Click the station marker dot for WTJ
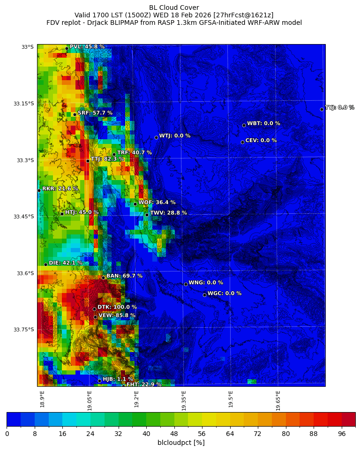tap(156, 137)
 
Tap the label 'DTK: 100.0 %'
tap(117, 307)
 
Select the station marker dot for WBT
tap(244, 125)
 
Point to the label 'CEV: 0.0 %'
tap(261, 140)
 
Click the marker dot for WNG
tap(186, 284)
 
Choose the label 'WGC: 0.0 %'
tap(224, 293)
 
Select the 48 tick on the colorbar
tap(174, 434)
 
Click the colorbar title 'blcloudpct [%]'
tap(181, 443)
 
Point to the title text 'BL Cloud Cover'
tap(174, 8)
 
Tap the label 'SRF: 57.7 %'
tap(95, 113)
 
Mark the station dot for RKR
tap(39, 190)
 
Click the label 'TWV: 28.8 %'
tap(168, 213)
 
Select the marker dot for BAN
tap(103, 278)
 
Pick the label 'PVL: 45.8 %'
tap(87, 47)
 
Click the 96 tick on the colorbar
tap(342, 434)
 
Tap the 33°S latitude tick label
tap(27, 47)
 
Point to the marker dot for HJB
tap(99, 381)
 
